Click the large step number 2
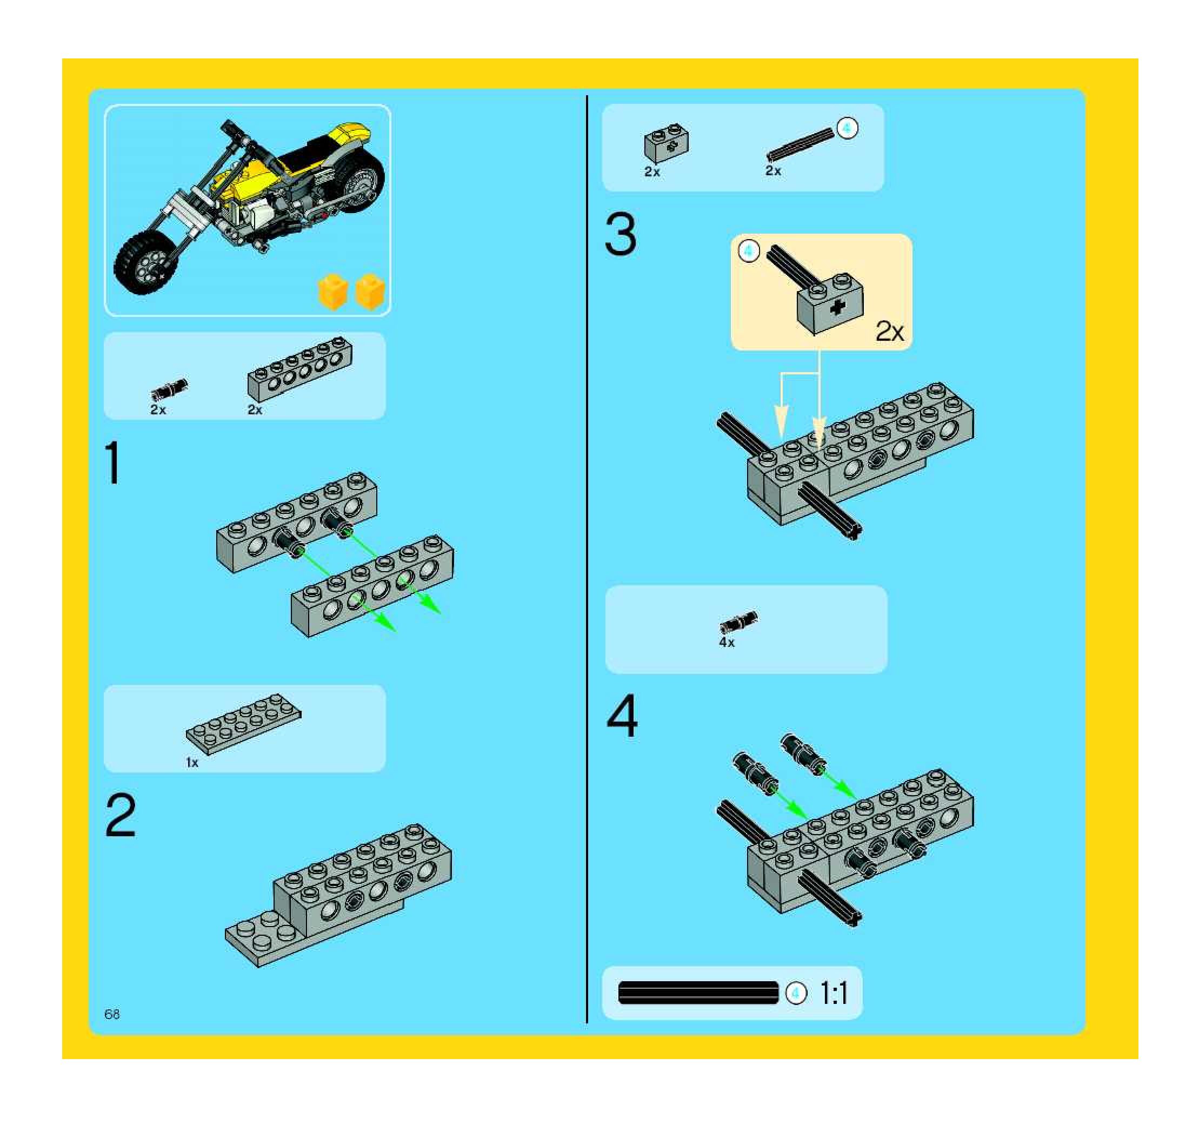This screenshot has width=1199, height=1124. [x=121, y=815]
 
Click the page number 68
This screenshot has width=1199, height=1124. [x=112, y=1014]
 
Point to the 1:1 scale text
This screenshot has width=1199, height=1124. [x=834, y=993]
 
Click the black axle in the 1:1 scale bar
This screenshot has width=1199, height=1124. [x=698, y=993]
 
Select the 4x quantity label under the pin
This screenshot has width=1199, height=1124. [x=727, y=643]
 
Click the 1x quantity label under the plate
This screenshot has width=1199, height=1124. [x=192, y=763]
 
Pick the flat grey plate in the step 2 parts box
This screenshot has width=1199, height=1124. [x=243, y=724]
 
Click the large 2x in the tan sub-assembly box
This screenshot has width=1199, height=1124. [x=890, y=331]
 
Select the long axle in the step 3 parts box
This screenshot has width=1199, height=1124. [x=801, y=145]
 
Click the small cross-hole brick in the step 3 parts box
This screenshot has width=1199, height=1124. [x=667, y=144]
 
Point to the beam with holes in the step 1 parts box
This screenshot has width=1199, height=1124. [x=299, y=369]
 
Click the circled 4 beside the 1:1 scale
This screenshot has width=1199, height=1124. [x=796, y=993]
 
